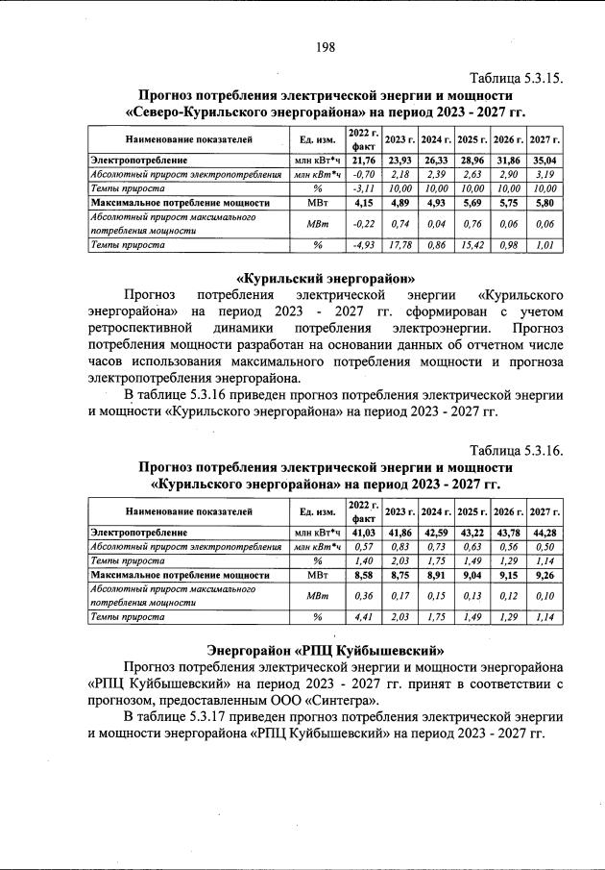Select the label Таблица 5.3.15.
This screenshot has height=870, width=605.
click(515, 78)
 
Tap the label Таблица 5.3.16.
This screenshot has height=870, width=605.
click(515, 450)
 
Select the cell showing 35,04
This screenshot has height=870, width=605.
click(545, 160)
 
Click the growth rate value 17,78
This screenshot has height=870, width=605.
click(399, 244)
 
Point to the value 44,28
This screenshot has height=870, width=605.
click(545, 532)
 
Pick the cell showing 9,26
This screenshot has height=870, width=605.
click(545, 575)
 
